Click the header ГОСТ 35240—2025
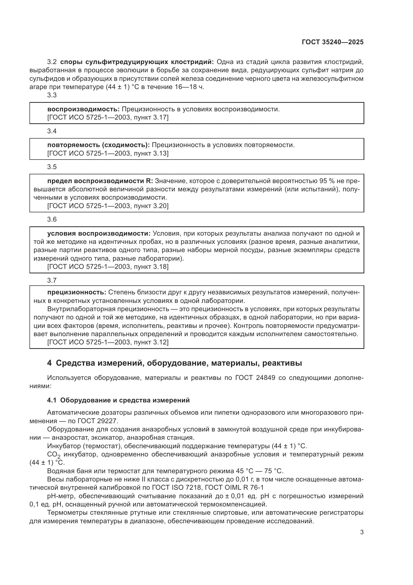(332, 42)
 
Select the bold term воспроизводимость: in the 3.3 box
(83, 109)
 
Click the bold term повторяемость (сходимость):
(98, 145)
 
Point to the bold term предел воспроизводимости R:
(100, 181)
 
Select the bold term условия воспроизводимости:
(99, 234)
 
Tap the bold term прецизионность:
(77, 292)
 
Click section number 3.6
(52, 219)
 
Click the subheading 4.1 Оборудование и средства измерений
(118, 400)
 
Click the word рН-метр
(61, 496)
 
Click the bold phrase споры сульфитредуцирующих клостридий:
(137, 62)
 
